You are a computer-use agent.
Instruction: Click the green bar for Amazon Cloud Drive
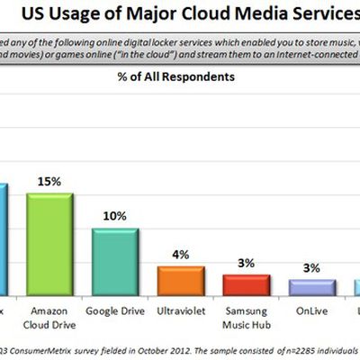click(x=49, y=244)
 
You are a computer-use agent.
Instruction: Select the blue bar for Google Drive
click(x=113, y=262)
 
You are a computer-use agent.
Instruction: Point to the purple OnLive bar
click(x=310, y=287)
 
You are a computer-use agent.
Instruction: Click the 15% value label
click(x=49, y=182)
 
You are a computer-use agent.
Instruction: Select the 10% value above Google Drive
click(x=114, y=217)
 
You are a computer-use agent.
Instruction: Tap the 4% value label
click(x=180, y=255)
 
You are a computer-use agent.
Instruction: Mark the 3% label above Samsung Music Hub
click(x=245, y=264)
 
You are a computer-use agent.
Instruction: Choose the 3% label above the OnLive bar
click(x=310, y=267)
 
